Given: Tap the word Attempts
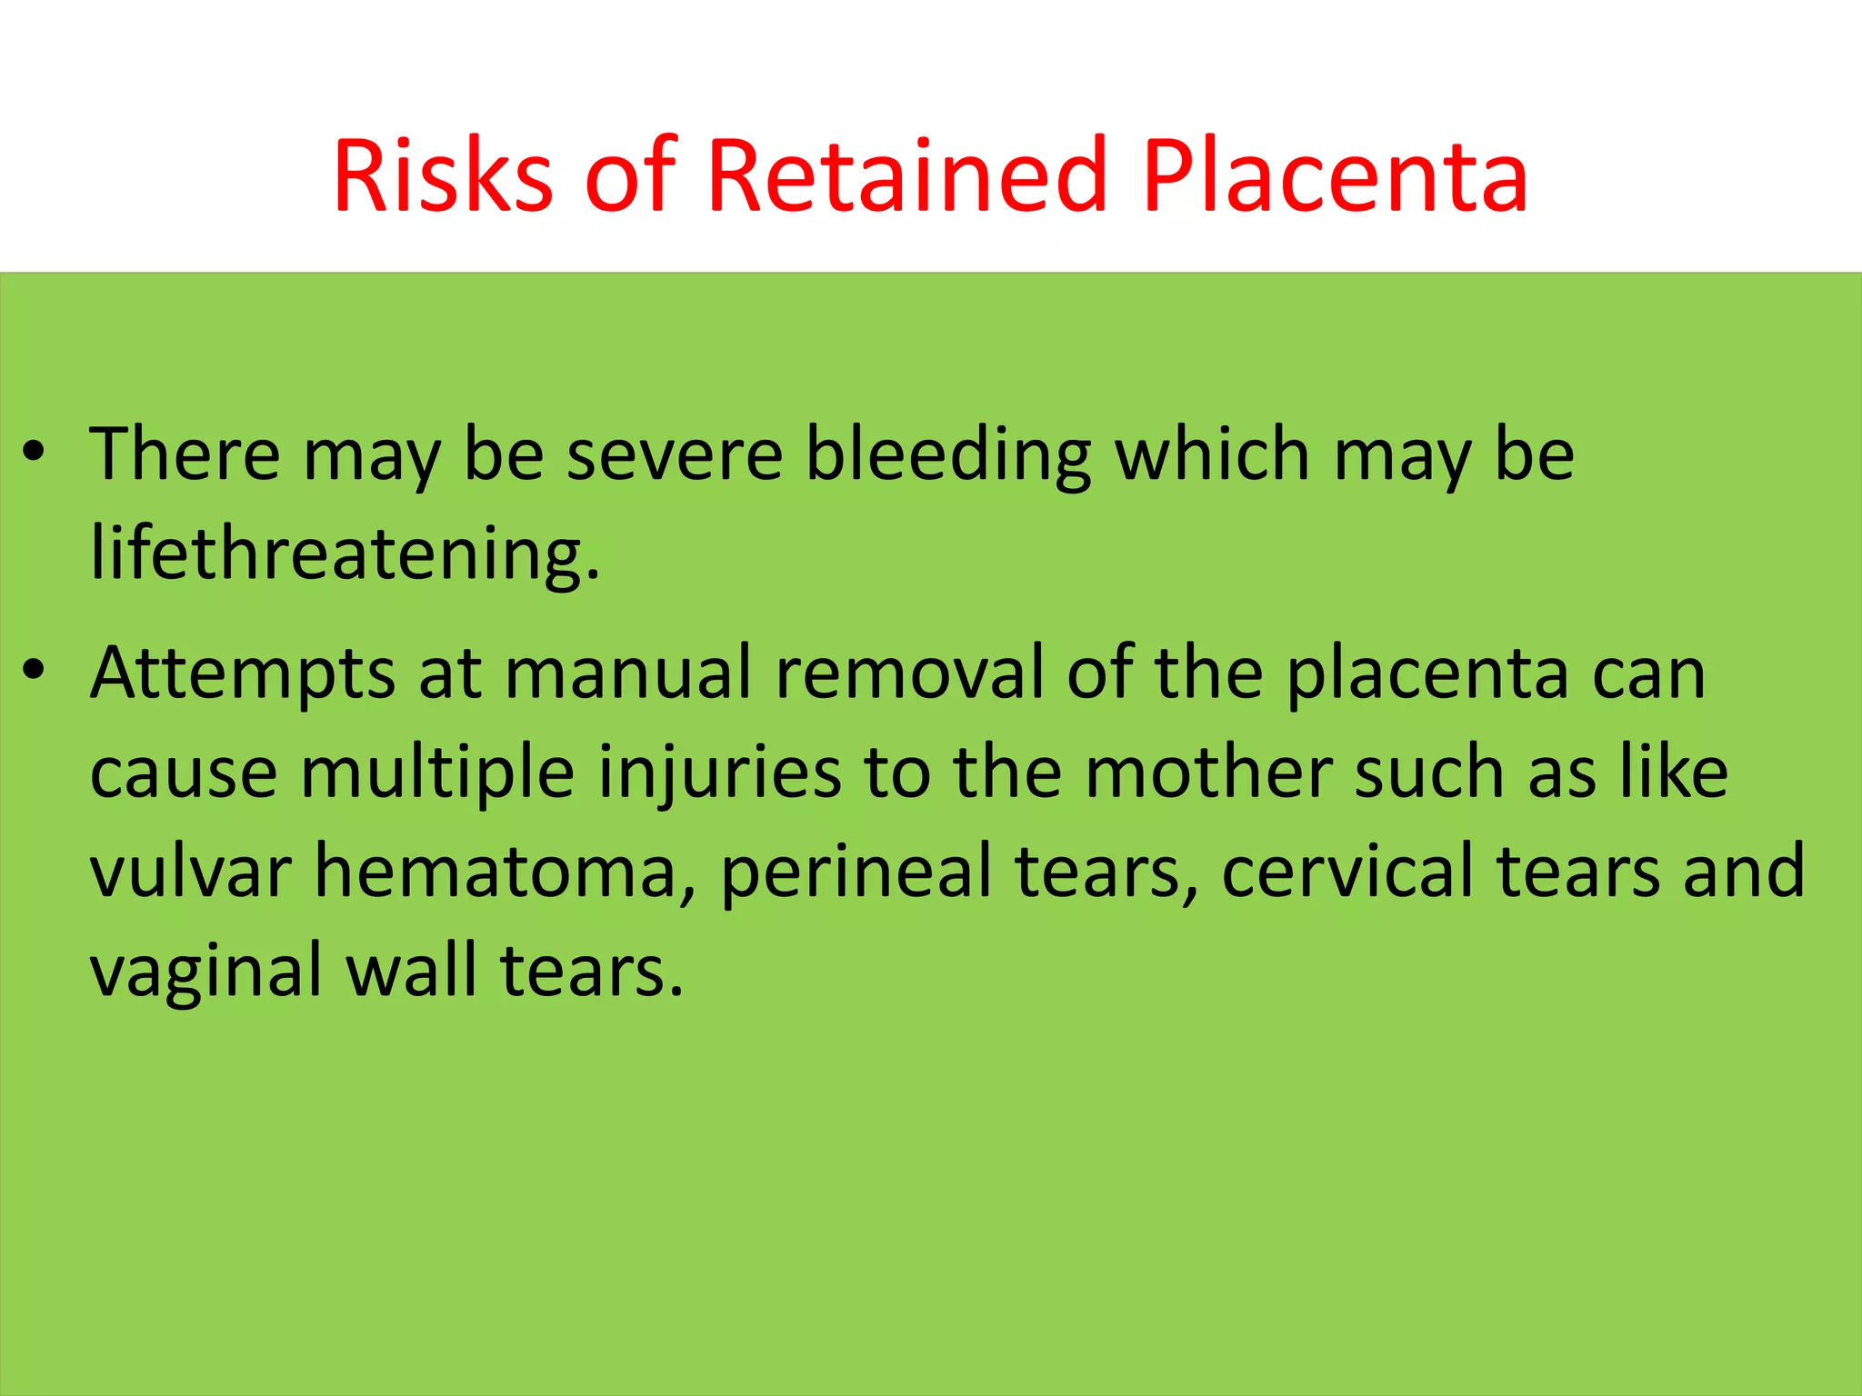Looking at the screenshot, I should click(243, 674).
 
